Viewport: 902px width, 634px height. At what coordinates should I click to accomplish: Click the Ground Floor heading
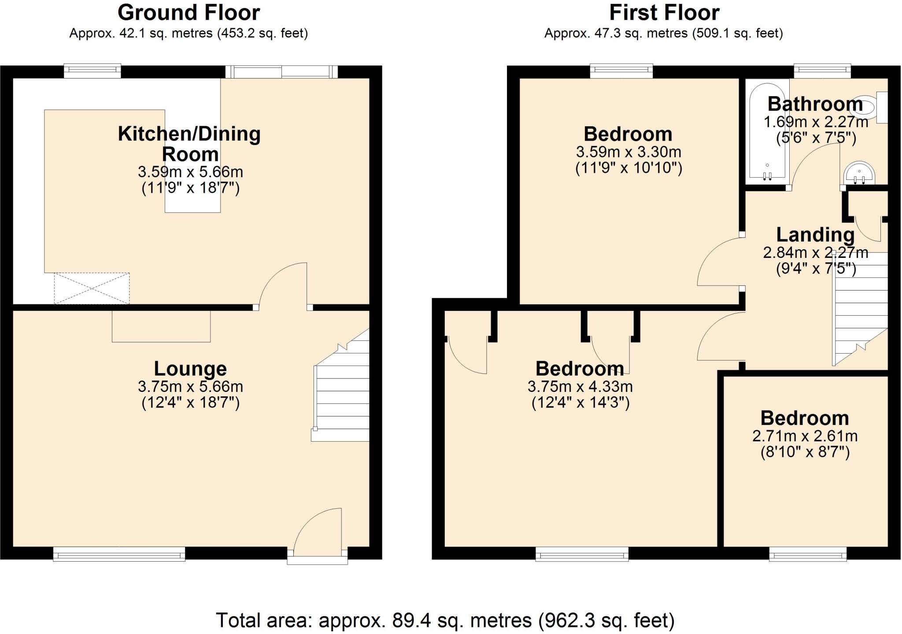[x=189, y=13]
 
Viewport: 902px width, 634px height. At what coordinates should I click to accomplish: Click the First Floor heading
[x=664, y=13]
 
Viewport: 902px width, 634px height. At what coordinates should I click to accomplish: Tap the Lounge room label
[x=190, y=369]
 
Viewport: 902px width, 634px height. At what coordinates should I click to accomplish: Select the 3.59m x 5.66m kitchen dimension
[x=190, y=172]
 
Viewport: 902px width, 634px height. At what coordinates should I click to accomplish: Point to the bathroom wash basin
[x=859, y=174]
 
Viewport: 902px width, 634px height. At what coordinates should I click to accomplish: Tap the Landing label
[x=815, y=235]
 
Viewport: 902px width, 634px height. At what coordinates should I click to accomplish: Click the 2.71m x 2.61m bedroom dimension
[x=805, y=436]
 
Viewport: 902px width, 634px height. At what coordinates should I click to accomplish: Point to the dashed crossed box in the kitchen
[x=92, y=288]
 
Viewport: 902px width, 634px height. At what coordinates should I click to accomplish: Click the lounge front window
[x=119, y=554]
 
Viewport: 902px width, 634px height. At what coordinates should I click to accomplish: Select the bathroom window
[x=822, y=71]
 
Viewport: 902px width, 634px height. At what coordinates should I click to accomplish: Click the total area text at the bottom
[x=445, y=620]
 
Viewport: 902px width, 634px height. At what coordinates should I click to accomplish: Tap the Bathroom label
[x=815, y=104]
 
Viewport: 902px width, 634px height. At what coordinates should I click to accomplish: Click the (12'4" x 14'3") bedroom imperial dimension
[x=580, y=403]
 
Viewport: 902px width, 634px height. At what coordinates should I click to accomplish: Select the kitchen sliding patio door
[x=281, y=71]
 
